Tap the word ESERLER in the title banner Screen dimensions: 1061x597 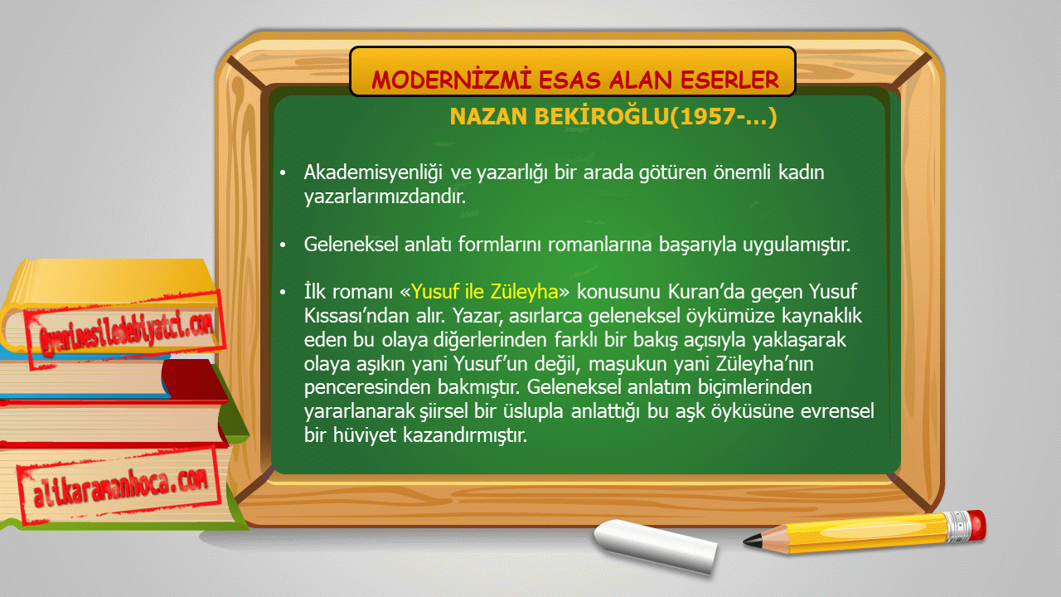pyautogui.click(x=730, y=79)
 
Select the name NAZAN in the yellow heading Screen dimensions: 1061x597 pyautogui.click(x=488, y=117)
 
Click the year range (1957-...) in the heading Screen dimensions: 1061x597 pyautogui.click(x=724, y=117)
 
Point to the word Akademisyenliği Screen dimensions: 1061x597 pyautogui.click(x=373, y=173)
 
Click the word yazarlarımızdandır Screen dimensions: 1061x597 pyautogui.click(x=385, y=197)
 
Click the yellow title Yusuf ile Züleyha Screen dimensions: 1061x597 pyautogui.click(x=485, y=291)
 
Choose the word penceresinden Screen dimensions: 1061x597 pyautogui.click(x=367, y=387)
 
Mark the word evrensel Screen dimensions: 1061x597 pyautogui.click(x=837, y=410)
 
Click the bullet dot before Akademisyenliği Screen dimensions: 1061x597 pyautogui.click(x=283, y=173)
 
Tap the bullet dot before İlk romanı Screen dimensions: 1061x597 pyautogui.click(x=283, y=292)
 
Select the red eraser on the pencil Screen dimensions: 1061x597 pyautogui.click(x=976, y=525)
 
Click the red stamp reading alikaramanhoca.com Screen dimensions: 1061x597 pyautogui.click(x=119, y=485)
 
